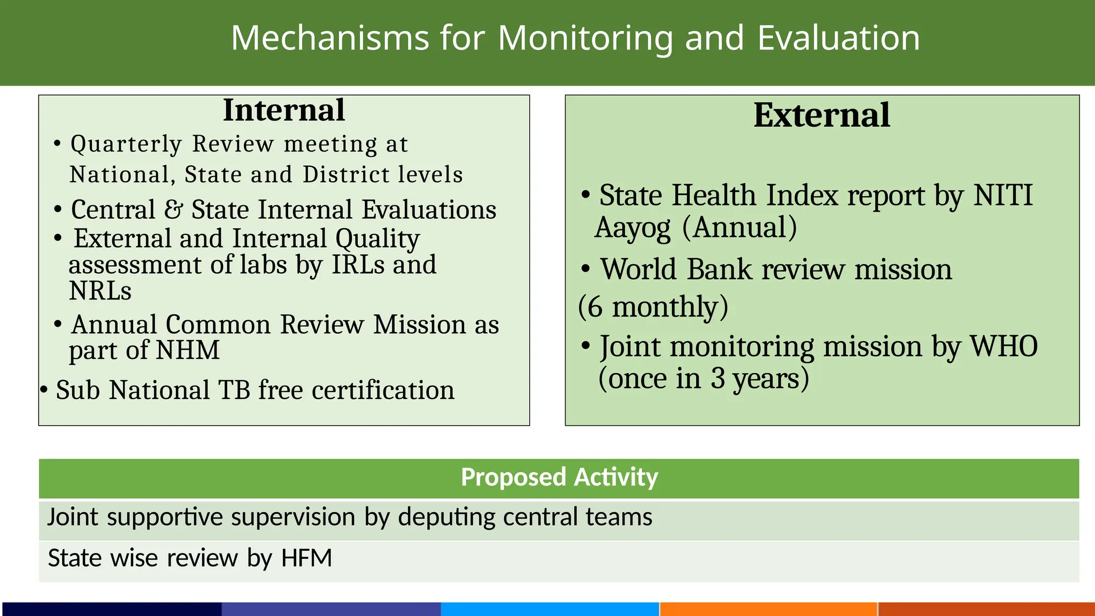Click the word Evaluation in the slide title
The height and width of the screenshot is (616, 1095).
[838, 38]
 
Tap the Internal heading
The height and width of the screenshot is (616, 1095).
[284, 110]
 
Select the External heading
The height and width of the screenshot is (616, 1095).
[822, 115]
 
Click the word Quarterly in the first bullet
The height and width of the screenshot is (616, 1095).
[127, 144]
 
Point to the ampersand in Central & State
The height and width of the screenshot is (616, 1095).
[173, 209]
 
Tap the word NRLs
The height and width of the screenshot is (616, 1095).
[100, 291]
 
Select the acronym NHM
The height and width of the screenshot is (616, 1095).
[188, 351]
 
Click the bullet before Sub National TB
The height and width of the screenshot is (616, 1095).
[44, 390]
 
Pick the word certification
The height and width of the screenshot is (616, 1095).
[383, 390]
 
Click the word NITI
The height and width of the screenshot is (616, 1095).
[1003, 195]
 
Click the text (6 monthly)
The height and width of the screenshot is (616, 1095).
[653, 307]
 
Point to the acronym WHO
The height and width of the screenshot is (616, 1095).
[1004, 346]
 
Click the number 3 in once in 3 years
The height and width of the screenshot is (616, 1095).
[718, 379]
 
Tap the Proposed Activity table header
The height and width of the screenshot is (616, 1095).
[559, 478]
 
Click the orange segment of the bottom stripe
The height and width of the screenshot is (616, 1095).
[768, 609]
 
